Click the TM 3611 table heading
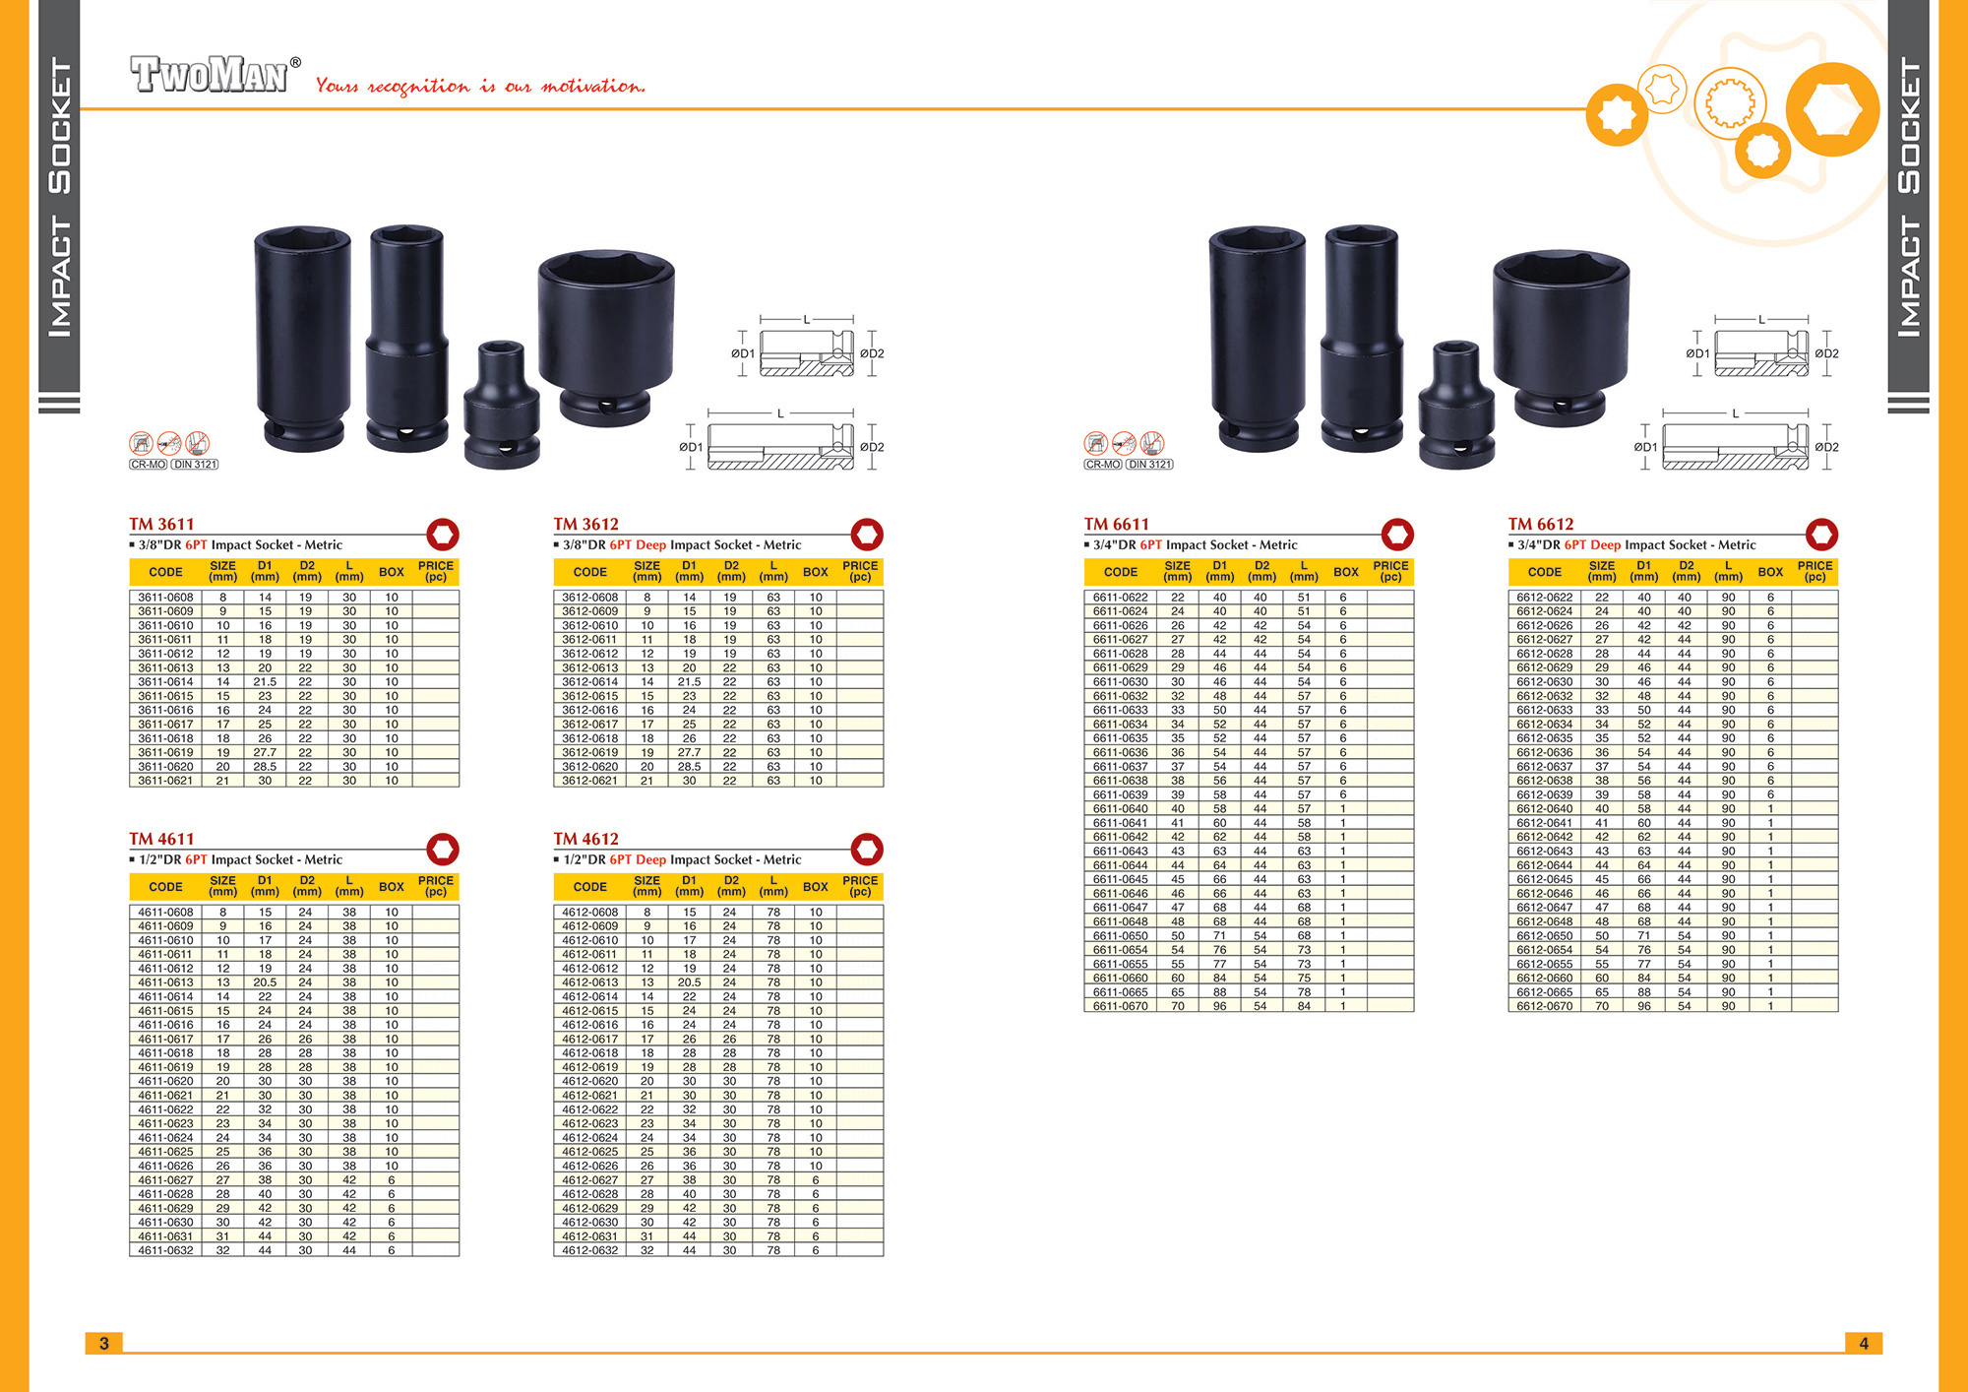click(x=161, y=524)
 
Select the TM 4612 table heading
click(x=585, y=839)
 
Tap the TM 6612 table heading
click(x=1541, y=524)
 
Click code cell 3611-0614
click(x=165, y=681)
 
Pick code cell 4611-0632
click(x=165, y=1250)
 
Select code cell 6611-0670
click(x=1120, y=1006)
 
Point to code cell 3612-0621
click(x=589, y=781)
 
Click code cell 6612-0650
click(x=1544, y=936)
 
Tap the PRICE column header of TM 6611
click(x=1390, y=572)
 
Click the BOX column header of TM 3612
click(x=816, y=572)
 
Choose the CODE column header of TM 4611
click(x=165, y=887)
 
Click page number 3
click(x=104, y=1343)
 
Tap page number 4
click(x=1864, y=1343)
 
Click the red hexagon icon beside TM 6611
click(x=1397, y=535)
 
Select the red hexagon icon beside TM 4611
click(x=443, y=850)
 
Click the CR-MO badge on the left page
click(x=148, y=465)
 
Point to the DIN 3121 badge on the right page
click(x=1149, y=465)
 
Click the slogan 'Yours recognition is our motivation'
click(x=480, y=86)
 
